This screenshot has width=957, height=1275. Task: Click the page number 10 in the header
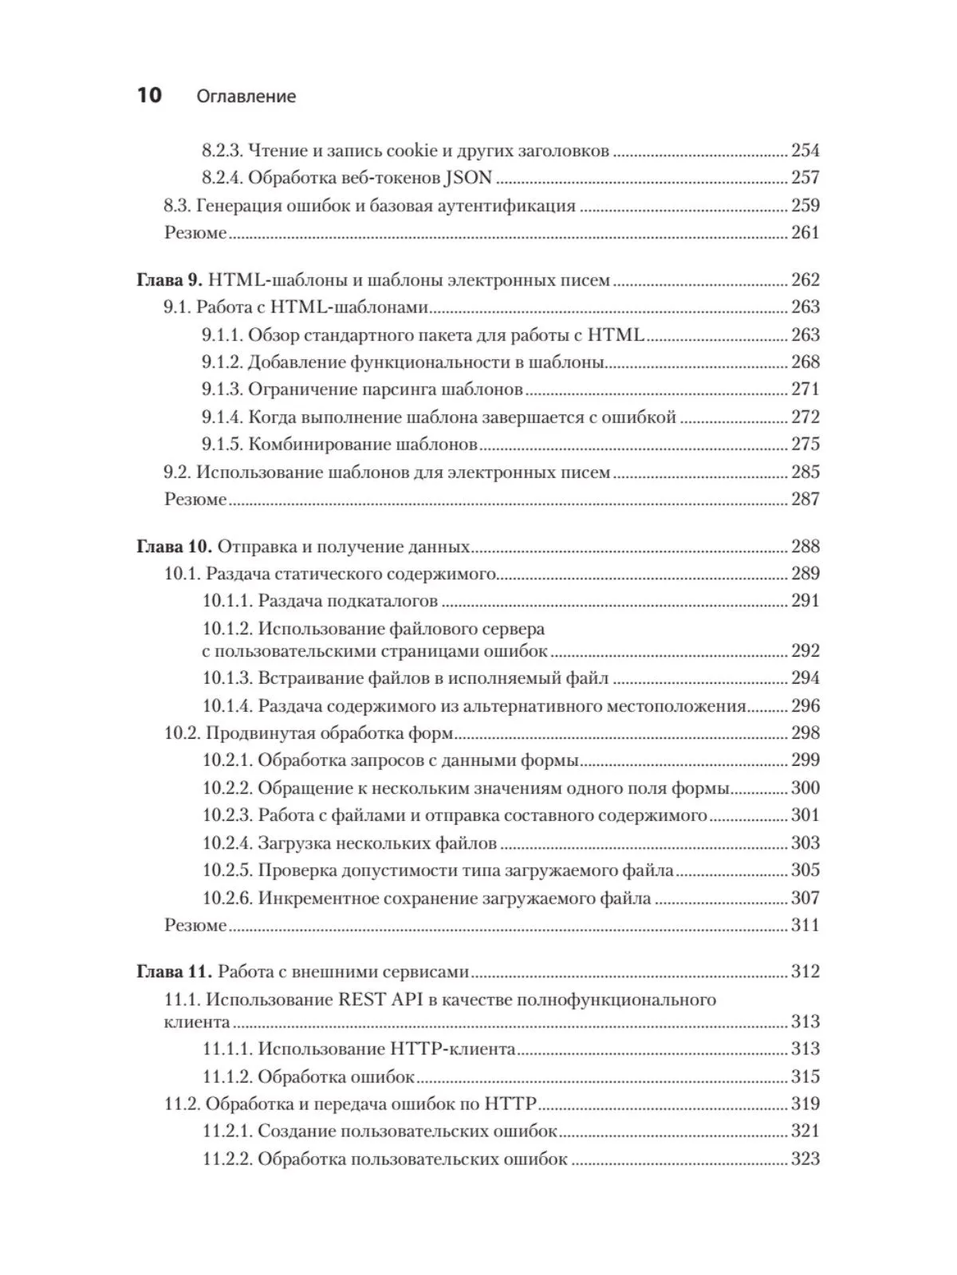point(149,96)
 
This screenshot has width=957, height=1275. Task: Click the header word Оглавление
point(246,96)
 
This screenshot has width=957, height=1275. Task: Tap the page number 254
point(805,151)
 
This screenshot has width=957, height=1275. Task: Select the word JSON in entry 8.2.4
point(468,178)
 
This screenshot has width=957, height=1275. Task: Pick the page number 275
point(805,444)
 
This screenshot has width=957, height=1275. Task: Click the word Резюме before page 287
point(195,500)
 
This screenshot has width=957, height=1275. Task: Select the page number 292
point(805,651)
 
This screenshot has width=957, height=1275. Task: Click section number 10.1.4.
point(227,706)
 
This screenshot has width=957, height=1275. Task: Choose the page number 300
point(805,788)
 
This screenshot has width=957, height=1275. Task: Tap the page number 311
point(805,925)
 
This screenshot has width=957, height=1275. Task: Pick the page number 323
point(805,1159)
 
